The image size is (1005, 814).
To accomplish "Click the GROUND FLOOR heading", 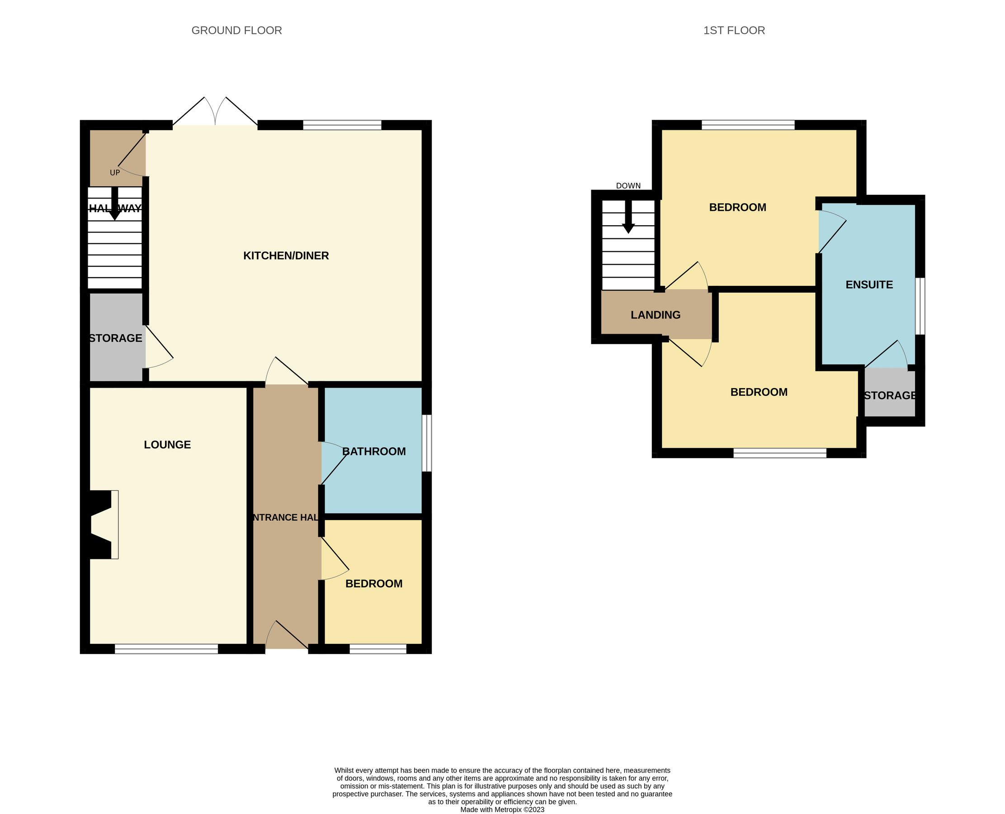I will (x=236, y=30).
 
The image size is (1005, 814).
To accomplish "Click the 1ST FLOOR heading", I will (x=734, y=30).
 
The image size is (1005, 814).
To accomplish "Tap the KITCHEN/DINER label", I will (x=286, y=256).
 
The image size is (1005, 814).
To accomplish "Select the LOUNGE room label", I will (x=167, y=445).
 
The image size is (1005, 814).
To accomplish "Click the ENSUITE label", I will (x=868, y=284).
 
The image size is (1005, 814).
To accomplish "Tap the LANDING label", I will (x=656, y=315).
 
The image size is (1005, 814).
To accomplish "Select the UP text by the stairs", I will (x=115, y=173).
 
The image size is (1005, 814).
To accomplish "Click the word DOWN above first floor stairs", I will (x=628, y=186).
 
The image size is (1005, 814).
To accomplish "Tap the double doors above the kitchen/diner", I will (x=215, y=113).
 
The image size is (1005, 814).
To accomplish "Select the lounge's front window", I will (x=166, y=648).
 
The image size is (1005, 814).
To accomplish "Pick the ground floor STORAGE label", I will (x=116, y=338).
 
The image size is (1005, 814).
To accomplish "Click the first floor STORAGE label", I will (x=889, y=395).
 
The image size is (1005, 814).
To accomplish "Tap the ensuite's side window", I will (x=920, y=306).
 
